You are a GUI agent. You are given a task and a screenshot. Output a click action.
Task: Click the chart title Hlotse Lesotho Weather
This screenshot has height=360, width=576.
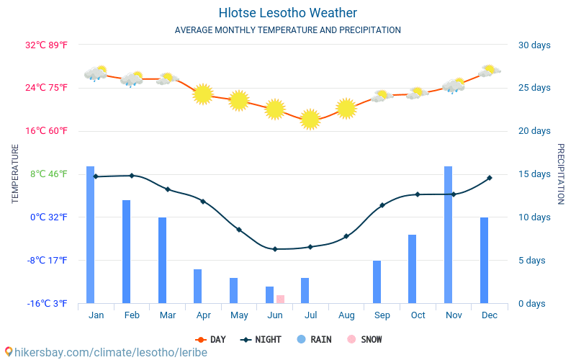(x=287, y=13)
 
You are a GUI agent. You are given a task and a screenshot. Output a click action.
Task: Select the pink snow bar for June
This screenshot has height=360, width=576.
(x=280, y=299)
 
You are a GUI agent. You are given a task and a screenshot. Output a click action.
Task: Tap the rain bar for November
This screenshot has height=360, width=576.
(x=448, y=235)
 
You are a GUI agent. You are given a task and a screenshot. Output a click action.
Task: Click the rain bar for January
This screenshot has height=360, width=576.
(x=91, y=235)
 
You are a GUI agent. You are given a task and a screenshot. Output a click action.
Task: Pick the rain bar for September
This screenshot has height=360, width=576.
(x=377, y=282)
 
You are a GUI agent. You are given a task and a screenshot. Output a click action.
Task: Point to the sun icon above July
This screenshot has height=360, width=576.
(x=310, y=120)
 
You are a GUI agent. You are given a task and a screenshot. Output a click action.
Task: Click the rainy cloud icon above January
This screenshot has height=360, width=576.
(x=95, y=73)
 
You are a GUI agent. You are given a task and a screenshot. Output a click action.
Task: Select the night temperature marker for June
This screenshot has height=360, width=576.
(x=274, y=249)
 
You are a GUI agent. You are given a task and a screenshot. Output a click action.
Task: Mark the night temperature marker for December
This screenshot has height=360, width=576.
(x=489, y=178)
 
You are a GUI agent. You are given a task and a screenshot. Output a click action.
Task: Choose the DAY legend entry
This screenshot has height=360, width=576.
(x=210, y=339)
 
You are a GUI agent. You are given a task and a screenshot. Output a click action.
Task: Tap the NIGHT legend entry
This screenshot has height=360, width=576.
(x=261, y=339)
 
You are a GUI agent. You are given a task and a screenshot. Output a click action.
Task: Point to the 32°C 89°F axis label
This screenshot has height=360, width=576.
(x=47, y=45)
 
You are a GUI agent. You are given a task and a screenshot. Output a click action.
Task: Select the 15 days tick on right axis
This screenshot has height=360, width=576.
(x=534, y=174)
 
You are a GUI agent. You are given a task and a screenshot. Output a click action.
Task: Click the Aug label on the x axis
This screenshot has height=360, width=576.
(x=346, y=315)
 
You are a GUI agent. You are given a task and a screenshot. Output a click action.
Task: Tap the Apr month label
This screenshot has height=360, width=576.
(x=203, y=315)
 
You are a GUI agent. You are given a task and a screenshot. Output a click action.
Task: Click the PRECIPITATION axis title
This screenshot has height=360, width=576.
(x=560, y=174)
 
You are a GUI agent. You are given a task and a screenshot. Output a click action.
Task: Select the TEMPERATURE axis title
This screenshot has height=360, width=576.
(x=15, y=174)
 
